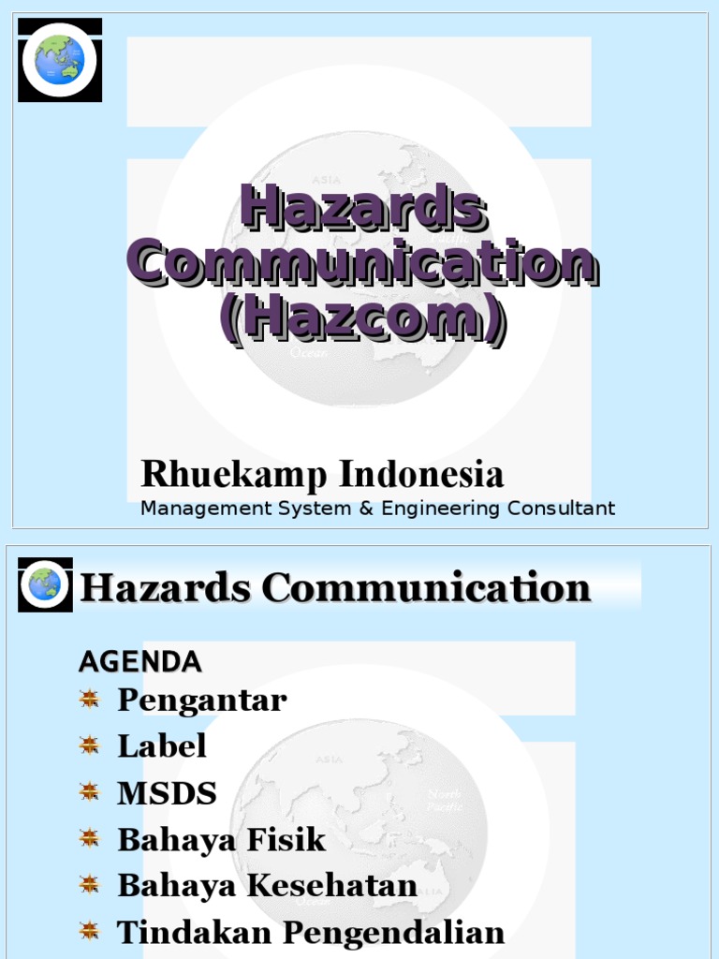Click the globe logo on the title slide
pos(60,60)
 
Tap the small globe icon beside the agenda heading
pos(45,585)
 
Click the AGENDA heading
pos(139,662)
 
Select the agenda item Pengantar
pos(201,700)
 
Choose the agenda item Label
pos(161,746)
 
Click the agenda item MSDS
pos(167,793)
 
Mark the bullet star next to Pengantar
pos(89,699)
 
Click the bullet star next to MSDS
pos(89,792)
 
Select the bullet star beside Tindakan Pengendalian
pos(89,931)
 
